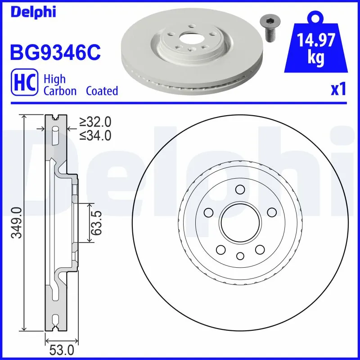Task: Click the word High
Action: point(54,79)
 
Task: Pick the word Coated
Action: point(102,91)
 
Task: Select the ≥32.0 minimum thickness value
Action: point(95,122)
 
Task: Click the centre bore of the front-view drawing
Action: point(240,222)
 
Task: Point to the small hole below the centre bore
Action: point(240,256)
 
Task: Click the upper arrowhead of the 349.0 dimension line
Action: point(24,117)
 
